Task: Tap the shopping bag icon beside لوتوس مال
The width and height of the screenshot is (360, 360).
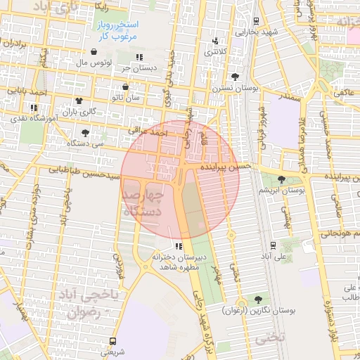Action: pyautogui.click(x=94, y=51)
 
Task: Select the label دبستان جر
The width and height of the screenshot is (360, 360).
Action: pyautogui.click(x=139, y=68)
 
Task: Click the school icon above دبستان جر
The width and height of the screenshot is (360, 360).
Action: pyautogui.click(x=139, y=57)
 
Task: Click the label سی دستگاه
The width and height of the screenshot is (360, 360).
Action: pyautogui.click(x=85, y=143)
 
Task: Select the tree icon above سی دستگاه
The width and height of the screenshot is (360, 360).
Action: pyautogui.click(x=85, y=132)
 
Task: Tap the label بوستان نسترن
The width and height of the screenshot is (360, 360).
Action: pyautogui.click(x=234, y=88)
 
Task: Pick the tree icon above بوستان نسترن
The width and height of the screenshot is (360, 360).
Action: pyautogui.click(x=234, y=77)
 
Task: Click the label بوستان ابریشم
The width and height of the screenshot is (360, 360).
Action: pyautogui.click(x=281, y=191)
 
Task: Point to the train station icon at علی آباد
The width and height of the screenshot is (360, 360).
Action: pyautogui.click(x=273, y=245)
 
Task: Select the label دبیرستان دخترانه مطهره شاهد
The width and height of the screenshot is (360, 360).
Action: pyautogui.click(x=179, y=262)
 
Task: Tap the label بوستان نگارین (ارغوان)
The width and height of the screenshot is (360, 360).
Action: pyautogui.click(x=259, y=309)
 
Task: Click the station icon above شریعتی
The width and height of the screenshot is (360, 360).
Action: pyautogui.click(x=112, y=340)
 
